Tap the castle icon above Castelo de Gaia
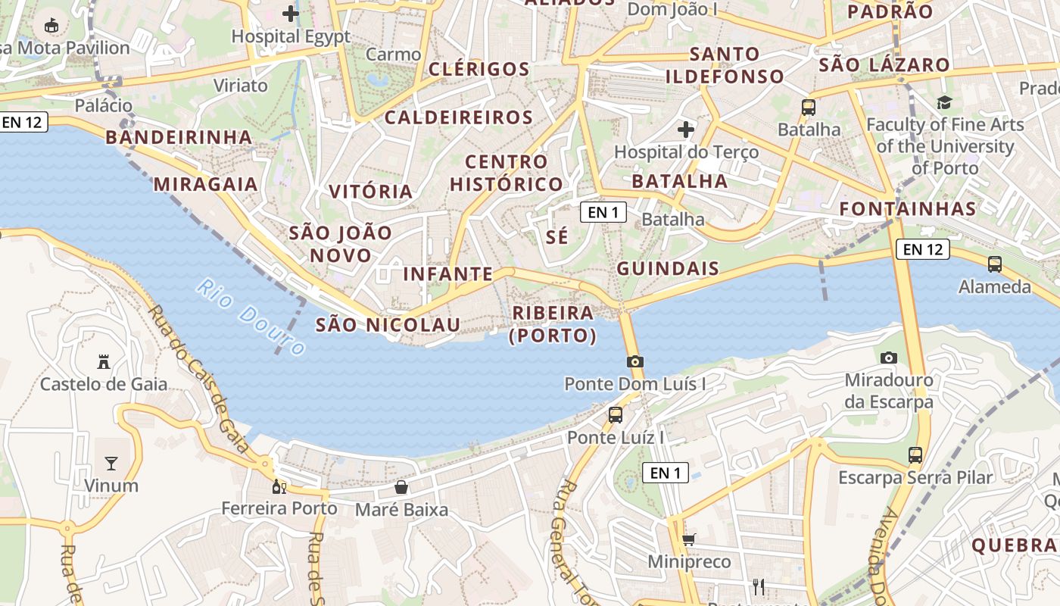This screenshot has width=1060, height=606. [104, 362]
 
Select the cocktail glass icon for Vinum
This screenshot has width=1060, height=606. [111, 463]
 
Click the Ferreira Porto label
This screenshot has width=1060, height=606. [279, 508]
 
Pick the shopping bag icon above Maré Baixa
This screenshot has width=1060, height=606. [401, 487]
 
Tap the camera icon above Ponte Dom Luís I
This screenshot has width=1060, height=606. [635, 361]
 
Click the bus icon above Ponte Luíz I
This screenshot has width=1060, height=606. [616, 414]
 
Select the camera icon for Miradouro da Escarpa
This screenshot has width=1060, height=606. [889, 358]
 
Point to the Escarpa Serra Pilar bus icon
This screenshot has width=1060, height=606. [915, 455]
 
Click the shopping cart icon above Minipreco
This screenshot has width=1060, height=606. [689, 539]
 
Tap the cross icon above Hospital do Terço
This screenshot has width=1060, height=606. [686, 130]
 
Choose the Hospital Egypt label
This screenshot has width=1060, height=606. [291, 36]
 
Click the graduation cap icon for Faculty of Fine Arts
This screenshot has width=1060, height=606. [944, 102]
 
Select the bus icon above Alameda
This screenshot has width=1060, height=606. [995, 264]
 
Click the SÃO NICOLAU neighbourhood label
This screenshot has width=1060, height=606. [388, 325]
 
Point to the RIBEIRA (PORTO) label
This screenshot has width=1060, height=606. [553, 324]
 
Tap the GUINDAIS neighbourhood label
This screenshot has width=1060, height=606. [668, 268]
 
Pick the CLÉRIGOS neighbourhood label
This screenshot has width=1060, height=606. [479, 69]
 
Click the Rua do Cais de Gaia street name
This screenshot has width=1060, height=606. [200, 379]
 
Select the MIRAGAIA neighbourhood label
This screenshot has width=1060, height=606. [205, 184]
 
